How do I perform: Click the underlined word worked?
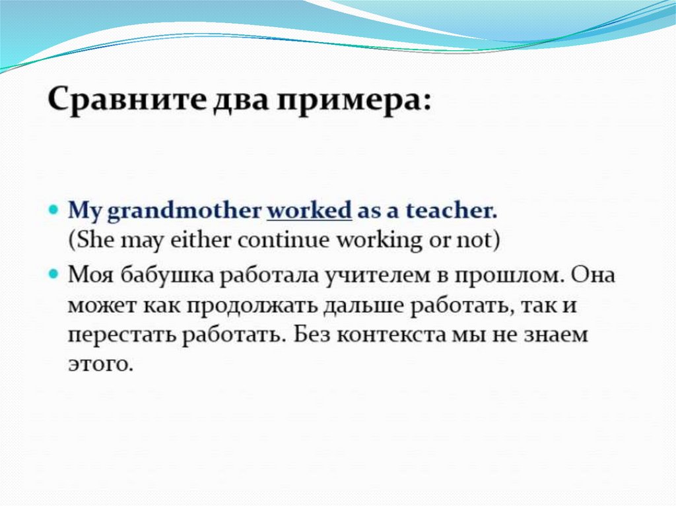tap(309, 210)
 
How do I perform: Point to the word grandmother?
tap(184, 212)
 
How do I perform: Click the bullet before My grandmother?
tap(53, 210)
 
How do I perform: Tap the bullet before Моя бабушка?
tap(53, 274)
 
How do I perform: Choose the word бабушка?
tap(166, 274)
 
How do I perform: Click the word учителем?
tap(377, 276)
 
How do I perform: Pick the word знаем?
tap(555, 336)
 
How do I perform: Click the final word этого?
tap(99, 365)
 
